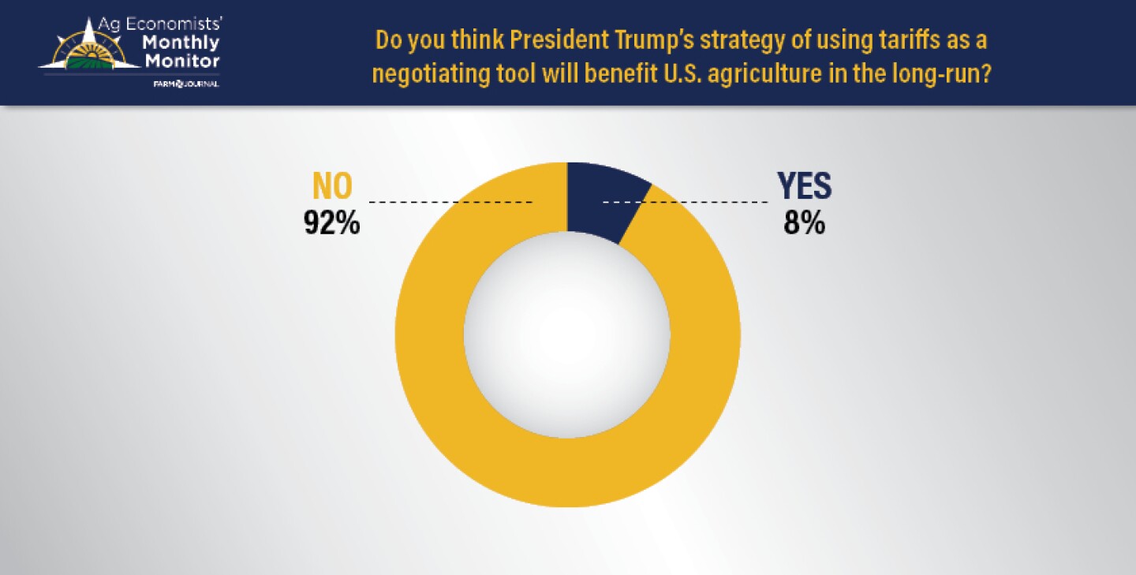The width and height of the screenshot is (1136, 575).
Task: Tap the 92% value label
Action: tap(332, 223)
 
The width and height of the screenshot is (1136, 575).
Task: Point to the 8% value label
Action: tap(804, 223)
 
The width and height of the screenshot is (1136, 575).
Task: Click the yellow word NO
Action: tap(332, 186)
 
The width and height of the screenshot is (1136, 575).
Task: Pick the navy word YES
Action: tap(804, 186)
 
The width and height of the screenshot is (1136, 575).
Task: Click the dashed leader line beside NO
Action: tap(450, 203)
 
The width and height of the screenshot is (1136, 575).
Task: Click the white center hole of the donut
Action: tap(566, 334)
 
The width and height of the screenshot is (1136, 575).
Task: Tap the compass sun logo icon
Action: tap(88, 47)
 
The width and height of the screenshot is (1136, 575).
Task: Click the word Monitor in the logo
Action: tap(181, 62)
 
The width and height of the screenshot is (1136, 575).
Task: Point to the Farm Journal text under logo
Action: tap(186, 84)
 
